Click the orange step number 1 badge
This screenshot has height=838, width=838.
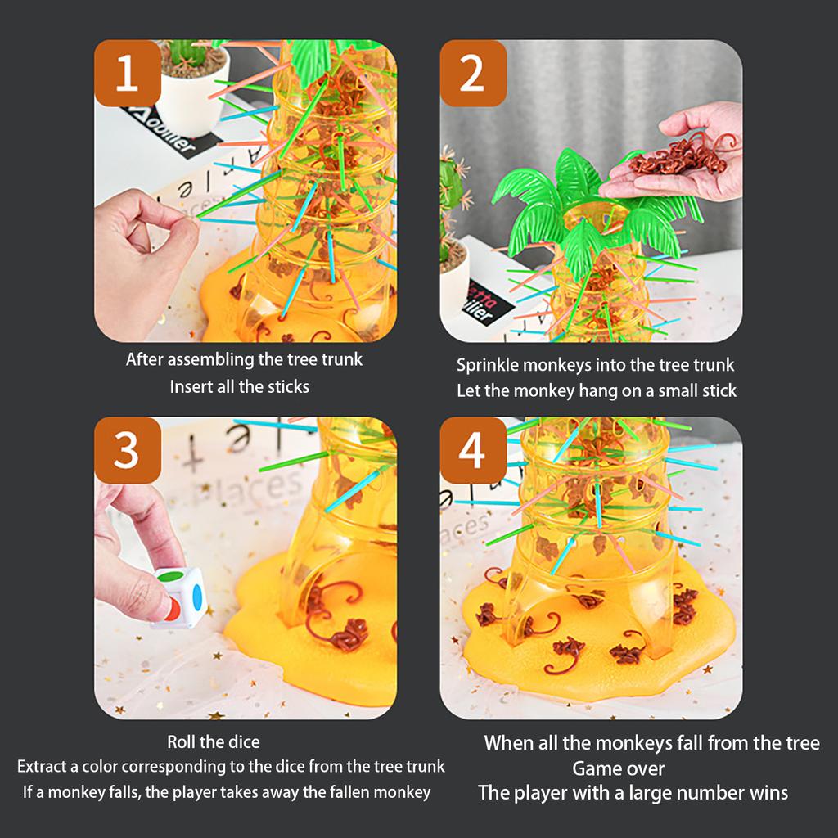[127, 74]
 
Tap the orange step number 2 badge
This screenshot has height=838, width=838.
[472, 74]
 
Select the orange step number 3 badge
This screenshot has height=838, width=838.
[127, 450]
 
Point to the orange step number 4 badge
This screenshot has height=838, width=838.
[472, 450]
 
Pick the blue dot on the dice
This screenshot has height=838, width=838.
[196, 591]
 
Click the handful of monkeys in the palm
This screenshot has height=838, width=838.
[678, 157]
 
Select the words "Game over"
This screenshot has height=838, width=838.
[618, 768]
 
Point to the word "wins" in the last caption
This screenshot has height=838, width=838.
[768, 793]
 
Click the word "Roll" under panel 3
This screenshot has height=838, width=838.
[182, 742]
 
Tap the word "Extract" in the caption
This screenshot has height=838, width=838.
[44, 767]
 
